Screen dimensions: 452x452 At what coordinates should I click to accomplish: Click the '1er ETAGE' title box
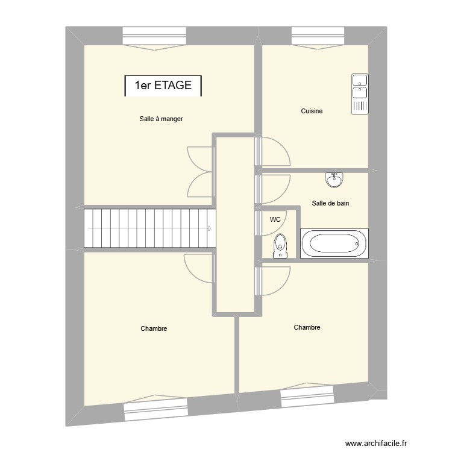tap(163, 86)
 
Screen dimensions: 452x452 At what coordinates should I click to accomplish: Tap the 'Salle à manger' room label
tap(161, 119)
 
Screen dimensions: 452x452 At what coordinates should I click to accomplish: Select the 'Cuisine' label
tap(312, 111)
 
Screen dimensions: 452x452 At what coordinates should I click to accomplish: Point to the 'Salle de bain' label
tap(330, 204)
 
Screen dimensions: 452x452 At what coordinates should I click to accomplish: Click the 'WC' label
tap(275, 219)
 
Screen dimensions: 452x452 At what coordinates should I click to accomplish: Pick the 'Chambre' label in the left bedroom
tap(154, 329)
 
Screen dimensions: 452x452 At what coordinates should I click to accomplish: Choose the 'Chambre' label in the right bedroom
tap(307, 328)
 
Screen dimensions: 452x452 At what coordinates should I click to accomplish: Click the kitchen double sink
tap(359, 93)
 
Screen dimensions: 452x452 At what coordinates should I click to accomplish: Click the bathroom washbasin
tap(334, 179)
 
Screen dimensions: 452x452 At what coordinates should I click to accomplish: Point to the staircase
tap(149, 228)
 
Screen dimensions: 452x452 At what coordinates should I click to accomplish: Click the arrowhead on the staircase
tap(209, 228)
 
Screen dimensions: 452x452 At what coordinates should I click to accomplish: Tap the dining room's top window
tap(155, 37)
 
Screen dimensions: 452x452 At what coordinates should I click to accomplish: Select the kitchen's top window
tap(316, 36)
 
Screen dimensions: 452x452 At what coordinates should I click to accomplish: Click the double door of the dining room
tap(201, 172)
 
